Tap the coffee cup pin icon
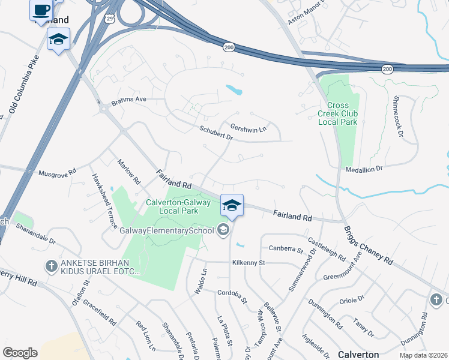click(x=41, y=10)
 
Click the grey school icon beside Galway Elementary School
click(x=223, y=230)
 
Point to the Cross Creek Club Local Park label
click(x=338, y=113)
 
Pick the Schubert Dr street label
click(x=216, y=133)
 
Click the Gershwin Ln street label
click(x=248, y=127)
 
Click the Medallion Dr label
click(x=364, y=170)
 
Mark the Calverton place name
click(x=358, y=355)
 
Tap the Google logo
click(x=20, y=353)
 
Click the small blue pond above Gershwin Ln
click(x=234, y=90)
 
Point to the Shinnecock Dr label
click(x=397, y=117)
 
